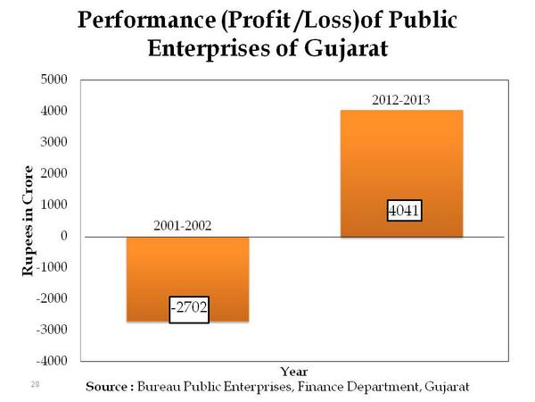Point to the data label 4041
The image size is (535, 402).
403,212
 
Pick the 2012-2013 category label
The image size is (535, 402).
400,100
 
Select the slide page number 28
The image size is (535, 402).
35,383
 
